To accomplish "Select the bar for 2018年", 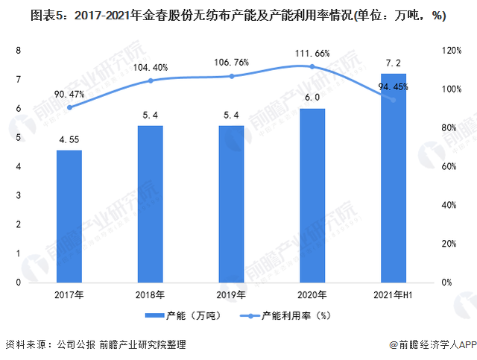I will (x=151, y=203).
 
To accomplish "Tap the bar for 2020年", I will (x=312, y=195).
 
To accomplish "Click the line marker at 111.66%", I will (x=312, y=66).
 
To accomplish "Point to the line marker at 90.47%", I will (x=69, y=107).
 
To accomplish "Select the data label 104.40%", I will (x=151, y=68).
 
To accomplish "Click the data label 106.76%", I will (x=232, y=63).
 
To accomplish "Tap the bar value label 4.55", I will (x=69, y=139).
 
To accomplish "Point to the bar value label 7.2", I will (x=393, y=62).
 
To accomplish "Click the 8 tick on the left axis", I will (x=17, y=50).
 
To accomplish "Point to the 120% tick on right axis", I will (x=452, y=50).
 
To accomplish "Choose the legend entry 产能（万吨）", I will (x=180, y=315).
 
